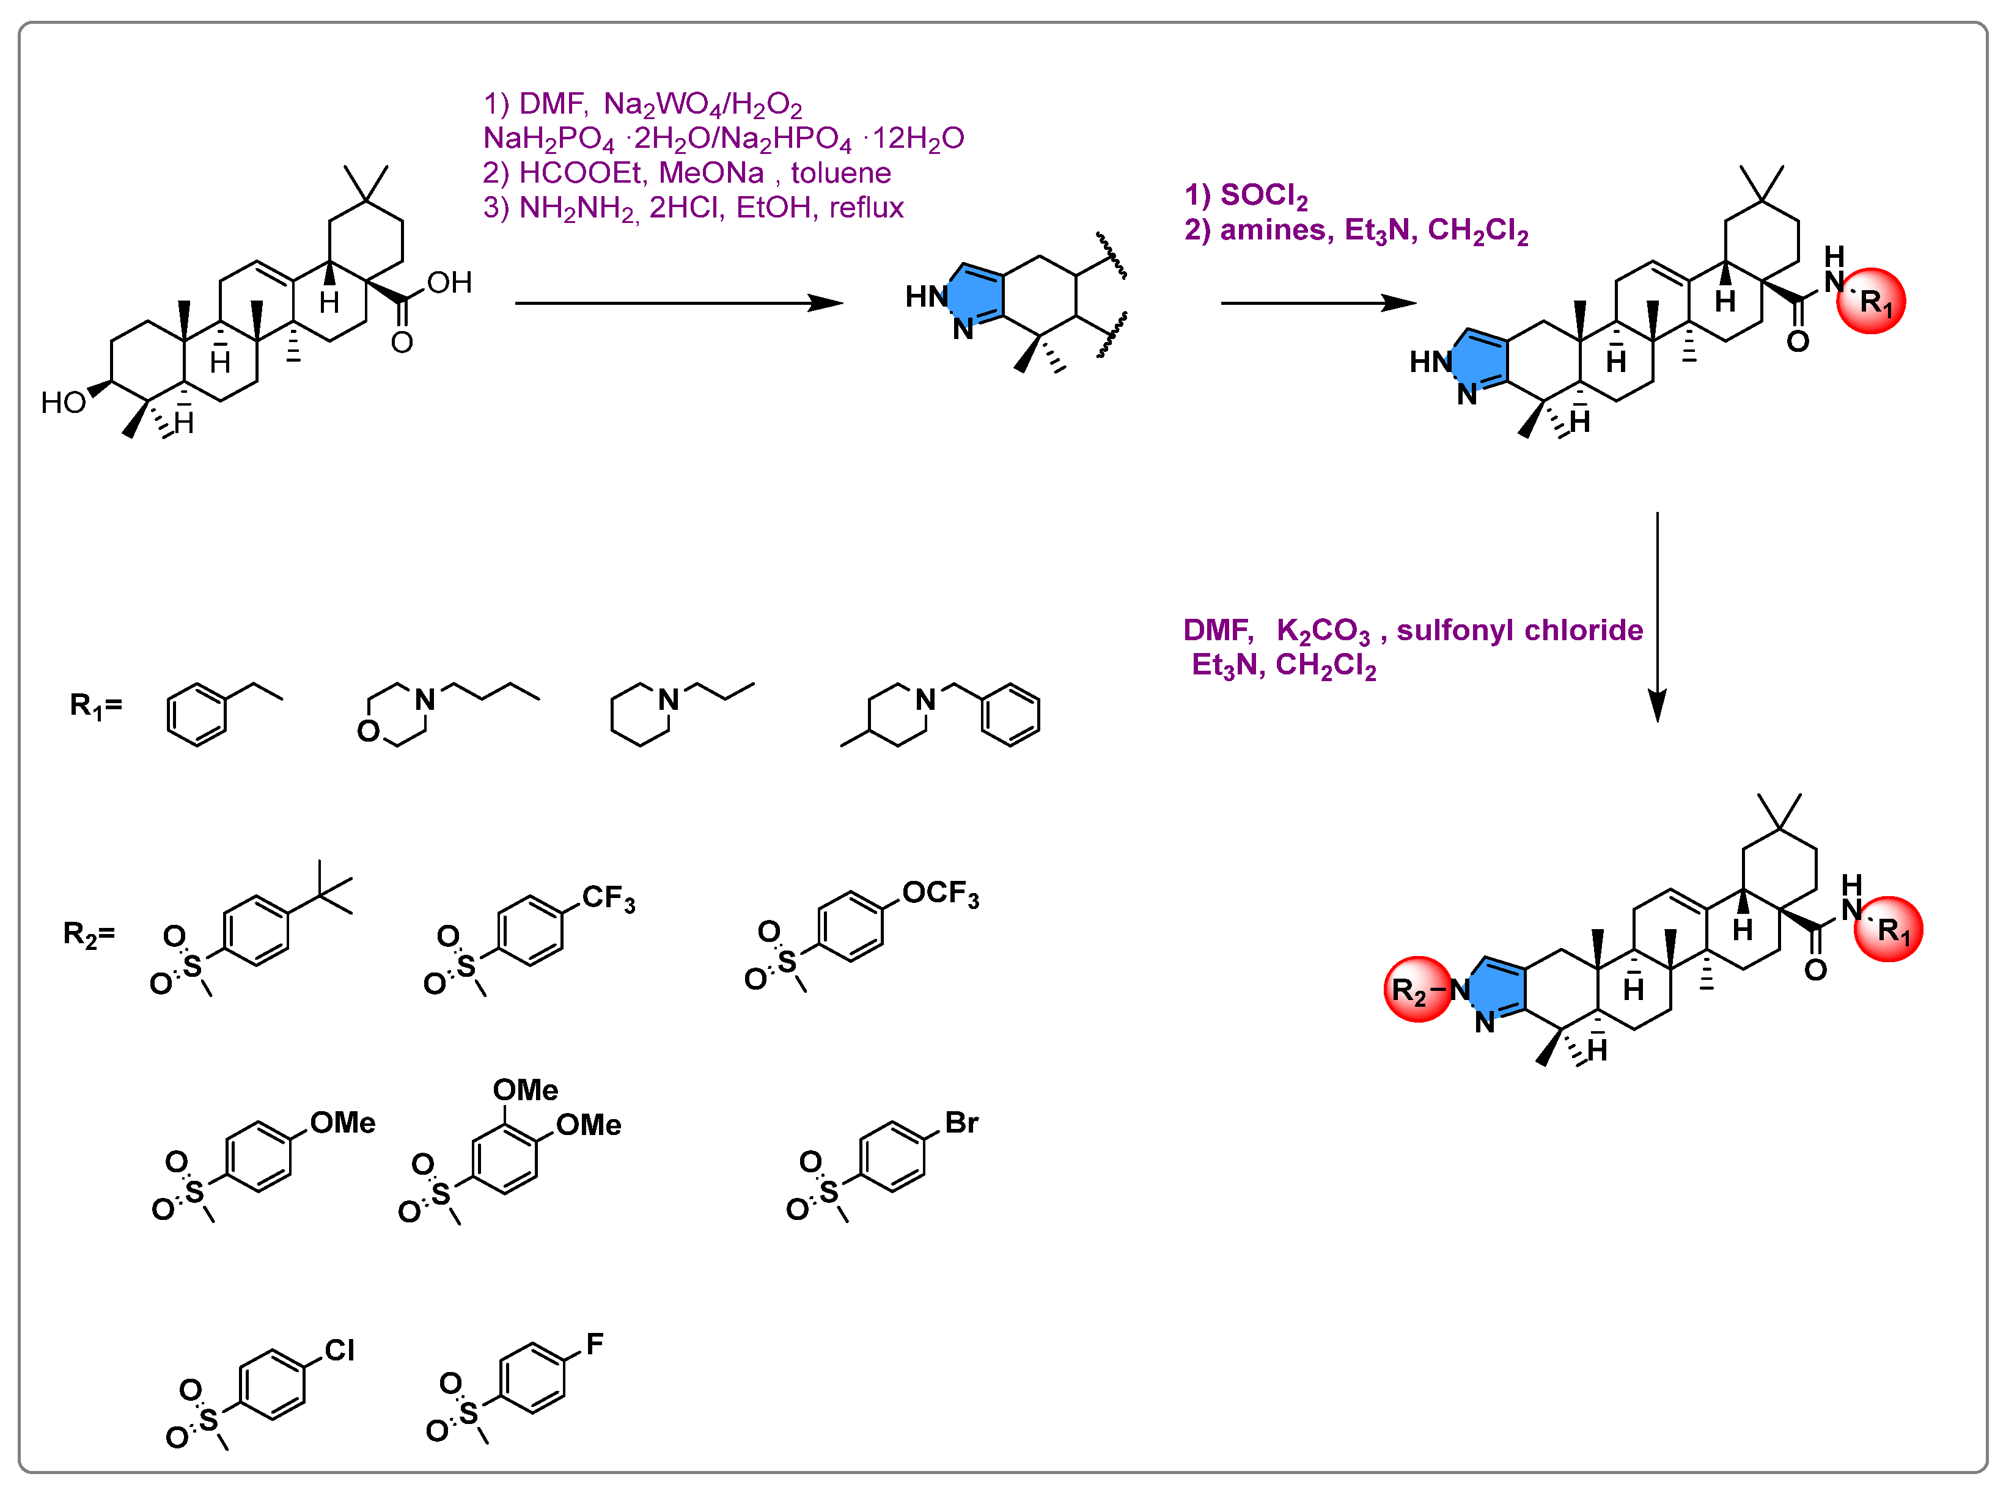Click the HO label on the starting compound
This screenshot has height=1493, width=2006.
click(64, 402)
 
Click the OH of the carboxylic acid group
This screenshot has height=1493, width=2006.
click(449, 283)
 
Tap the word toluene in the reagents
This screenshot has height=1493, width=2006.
click(841, 173)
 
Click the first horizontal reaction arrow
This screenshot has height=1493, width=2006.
click(678, 303)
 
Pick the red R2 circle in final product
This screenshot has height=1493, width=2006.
click(1417, 990)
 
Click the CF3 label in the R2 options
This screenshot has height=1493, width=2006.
click(608, 899)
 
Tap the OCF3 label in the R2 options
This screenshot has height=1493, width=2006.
click(940, 894)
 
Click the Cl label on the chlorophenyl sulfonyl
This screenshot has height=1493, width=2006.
click(339, 1350)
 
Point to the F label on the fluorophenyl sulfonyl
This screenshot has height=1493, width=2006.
click(594, 1344)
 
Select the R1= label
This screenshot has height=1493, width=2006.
click(95, 706)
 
